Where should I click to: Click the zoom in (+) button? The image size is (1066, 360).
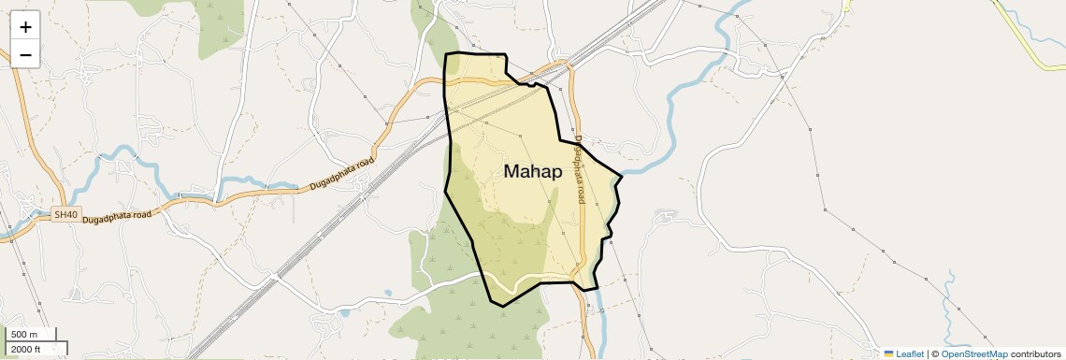pos(25,27)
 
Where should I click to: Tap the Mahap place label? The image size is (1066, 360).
pos(533,171)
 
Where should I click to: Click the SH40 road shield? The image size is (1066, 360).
pos(65,214)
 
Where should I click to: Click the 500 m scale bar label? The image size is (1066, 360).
pos(24,335)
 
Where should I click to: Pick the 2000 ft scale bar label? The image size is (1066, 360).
pos(26,350)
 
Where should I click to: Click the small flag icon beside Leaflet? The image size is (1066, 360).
pos(888,353)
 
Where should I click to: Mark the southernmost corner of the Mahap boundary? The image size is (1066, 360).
pos(503,306)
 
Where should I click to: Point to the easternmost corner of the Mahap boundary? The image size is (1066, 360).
pos(622,175)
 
